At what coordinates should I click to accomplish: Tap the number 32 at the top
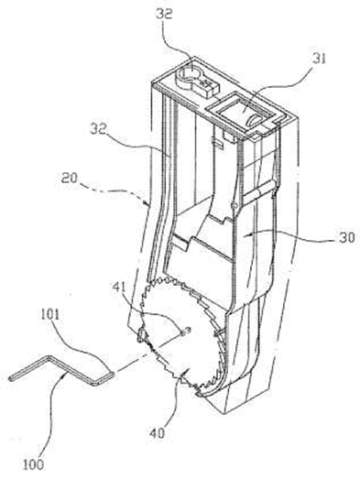tap(164, 13)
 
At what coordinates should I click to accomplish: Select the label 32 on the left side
tap(99, 129)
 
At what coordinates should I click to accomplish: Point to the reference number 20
tap(69, 178)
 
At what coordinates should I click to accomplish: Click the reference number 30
tap(347, 237)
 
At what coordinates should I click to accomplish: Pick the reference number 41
tap(120, 287)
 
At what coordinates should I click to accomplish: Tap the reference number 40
tap(157, 432)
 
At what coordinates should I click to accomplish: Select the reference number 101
tap(51, 315)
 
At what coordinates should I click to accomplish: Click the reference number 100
tap(34, 465)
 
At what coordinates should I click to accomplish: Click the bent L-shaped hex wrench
tap(61, 372)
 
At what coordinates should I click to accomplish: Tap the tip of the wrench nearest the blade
tap(114, 374)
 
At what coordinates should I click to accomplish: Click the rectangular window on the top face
tap(241, 112)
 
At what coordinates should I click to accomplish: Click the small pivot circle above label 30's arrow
tap(234, 205)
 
